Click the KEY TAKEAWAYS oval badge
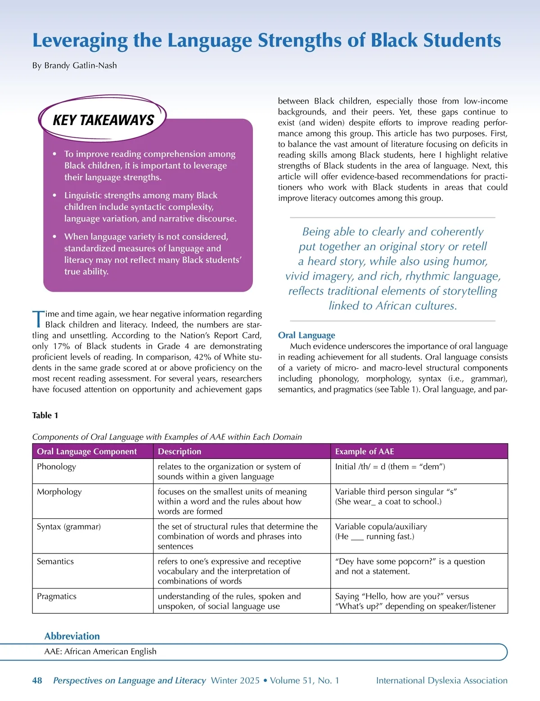(x=103, y=120)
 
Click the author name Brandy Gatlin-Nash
(x=81, y=66)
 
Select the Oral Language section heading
(x=306, y=335)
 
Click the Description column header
(x=180, y=451)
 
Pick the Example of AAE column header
(x=364, y=451)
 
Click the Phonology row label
(x=57, y=467)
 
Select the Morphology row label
(x=59, y=492)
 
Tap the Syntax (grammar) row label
(x=69, y=526)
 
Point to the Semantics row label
(x=55, y=562)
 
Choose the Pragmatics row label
(x=57, y=596)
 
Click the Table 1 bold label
(x=45, y=415)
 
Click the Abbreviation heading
(x=72, y=636)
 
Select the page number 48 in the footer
(x=37, y=680)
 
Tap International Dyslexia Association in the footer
(x=441, y=680)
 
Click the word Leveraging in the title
(x=80, y=40)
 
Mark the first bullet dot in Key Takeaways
(x=54, y=154)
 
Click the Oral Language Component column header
(x=87, y=451)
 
